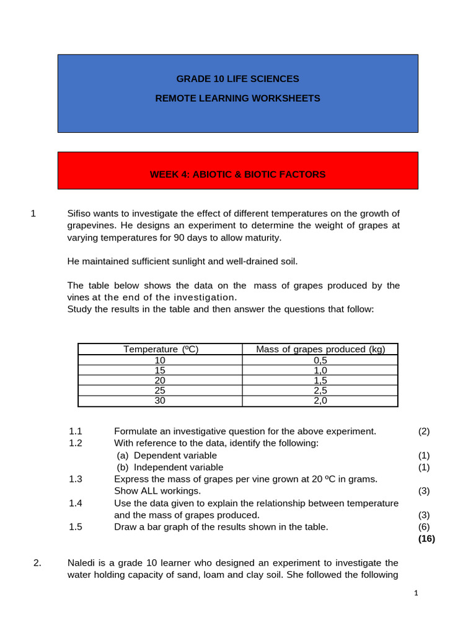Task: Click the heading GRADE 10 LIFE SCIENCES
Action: pyautogui.click(x=237, y=79)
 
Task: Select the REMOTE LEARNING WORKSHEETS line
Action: pyautogui.click(x=237, y=99)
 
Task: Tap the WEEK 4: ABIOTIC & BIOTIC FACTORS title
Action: pyautogui.click(x=237, y=174)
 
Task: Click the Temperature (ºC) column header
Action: pyautogui.click(x=161, y=349)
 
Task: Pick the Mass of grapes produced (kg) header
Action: pyautogui.click(x=320, y=349)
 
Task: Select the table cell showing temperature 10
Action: pyautogui.click(x=161, y=360)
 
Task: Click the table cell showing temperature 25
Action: pyautogui.click(x=161, y=391)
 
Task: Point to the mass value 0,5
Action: pyautogui.click(x=320, y=360)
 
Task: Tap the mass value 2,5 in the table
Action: pyautogui.click(x=320, y=391)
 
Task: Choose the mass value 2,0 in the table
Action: pyautogui.click(x=320, y=401)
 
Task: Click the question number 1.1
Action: pyautogui.click(x=76, y=432)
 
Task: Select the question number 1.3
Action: pyautogui.click(x=76, y=479)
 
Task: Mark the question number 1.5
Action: pyautogui.click(x=76, y=527)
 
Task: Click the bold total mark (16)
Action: pyautogui.click(x=426, y=539)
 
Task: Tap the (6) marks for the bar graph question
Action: pyautogui.click(x=424, y=527)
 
